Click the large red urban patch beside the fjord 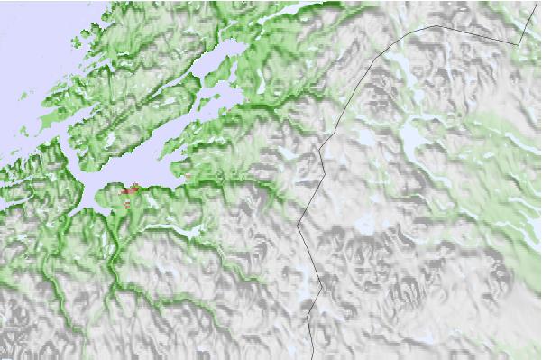[x=132, y=189]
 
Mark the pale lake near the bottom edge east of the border [x=424, y=338]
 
